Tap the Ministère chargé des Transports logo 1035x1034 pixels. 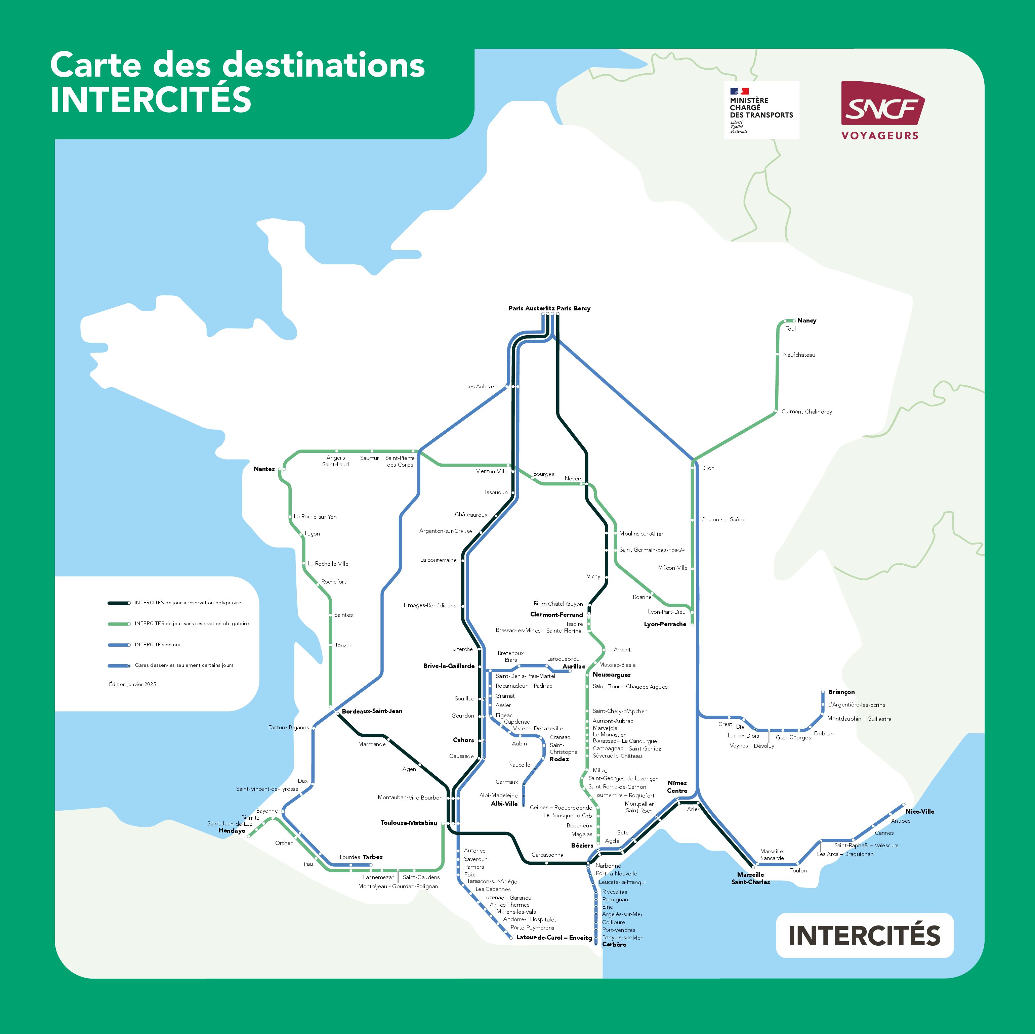(761, 110)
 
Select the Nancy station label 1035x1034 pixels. (806, 320)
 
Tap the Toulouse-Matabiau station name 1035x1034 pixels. (409, 822)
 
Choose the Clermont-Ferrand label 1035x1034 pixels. (556, 614)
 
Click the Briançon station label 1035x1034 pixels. (841, 692)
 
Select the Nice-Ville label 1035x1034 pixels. (919, 811)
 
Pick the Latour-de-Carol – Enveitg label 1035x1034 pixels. (553, 937)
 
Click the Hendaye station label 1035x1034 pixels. (232, 830)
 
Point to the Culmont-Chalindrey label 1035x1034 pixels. (806, 411)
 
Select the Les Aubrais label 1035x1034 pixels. (481, 386)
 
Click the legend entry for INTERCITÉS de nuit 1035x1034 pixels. (158, 644)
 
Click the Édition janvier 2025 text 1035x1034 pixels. (132, 684)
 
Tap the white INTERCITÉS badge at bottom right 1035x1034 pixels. (864, 935)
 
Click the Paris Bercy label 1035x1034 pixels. (573, 308)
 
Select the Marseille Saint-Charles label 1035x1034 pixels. (750, 878)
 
